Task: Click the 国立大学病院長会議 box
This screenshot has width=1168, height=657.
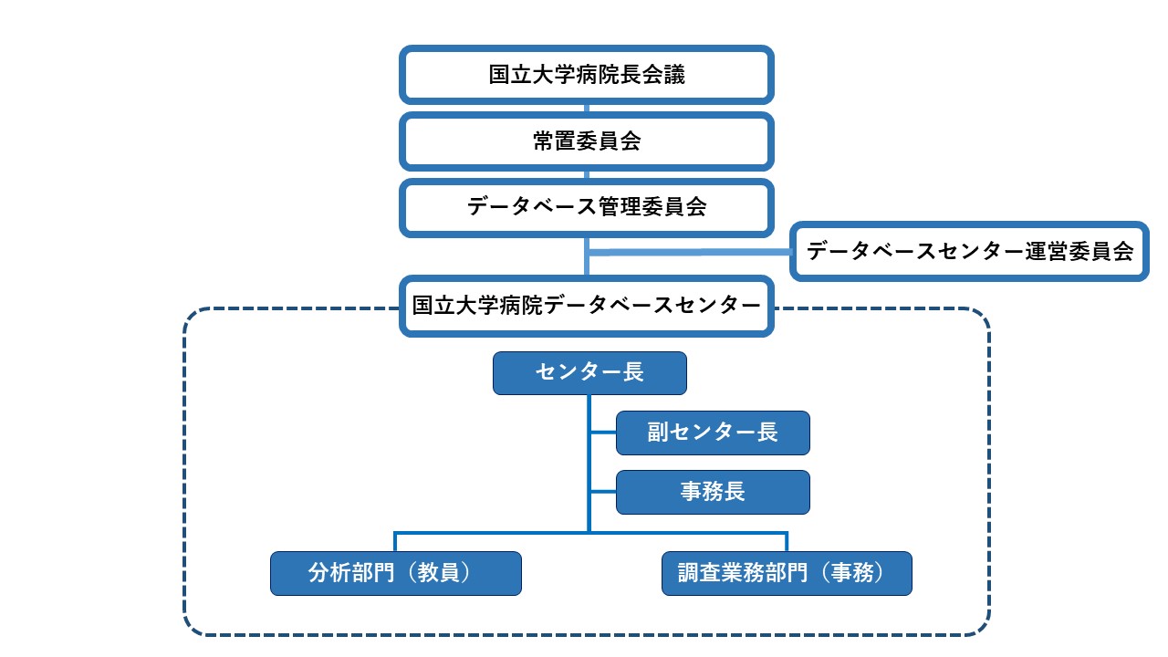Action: [x=586, y=75]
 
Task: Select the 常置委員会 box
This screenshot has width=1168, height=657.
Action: [x=586, y=141]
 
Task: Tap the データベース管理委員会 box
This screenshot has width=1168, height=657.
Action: [x=586, y=207]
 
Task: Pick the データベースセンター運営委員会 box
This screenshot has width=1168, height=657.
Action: [x=969, y=251]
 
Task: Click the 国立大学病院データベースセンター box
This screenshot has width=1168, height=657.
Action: [x=586, y=306]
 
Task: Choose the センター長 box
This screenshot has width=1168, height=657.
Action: [x=589, y=373]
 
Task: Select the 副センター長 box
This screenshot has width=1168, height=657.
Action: [x=713, y=433]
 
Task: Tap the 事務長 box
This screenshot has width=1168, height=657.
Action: [x=713, y=492]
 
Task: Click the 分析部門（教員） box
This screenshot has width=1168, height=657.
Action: [x=396, y=573]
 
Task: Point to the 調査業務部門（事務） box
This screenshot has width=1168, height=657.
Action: [x=787, y=573]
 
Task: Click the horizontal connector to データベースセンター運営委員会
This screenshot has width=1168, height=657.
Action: [x=689, y=253]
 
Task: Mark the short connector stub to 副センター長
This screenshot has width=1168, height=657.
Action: [x=603, y=433]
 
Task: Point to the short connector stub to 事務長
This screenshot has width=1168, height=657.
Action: [x=603, y=492]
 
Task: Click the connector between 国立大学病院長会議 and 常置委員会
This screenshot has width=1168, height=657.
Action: [x=587, y=108]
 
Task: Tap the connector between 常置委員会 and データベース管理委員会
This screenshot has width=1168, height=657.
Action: [x=587, y=174]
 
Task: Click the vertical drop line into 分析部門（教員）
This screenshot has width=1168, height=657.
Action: [x=395, y=542]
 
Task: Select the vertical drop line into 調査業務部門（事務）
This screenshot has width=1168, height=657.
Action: [x=787, y=542]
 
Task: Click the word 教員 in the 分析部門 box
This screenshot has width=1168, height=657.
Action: [x=439, y=572]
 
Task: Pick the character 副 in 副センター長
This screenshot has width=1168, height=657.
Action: [x=658, y=433]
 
